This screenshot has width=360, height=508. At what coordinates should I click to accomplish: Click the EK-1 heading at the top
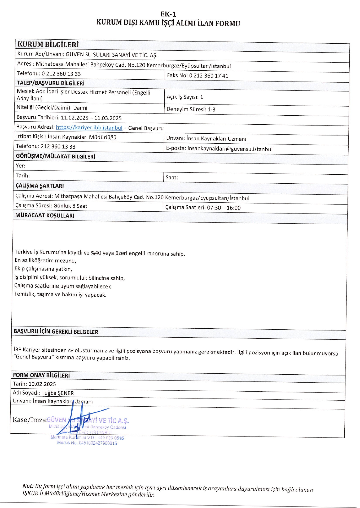[168, 14]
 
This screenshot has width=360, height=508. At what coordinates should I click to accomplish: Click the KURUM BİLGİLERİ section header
[48, 44]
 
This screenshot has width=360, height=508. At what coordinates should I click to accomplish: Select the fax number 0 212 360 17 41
[208, 76]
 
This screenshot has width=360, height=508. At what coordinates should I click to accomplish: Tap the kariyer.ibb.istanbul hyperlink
[89, 128]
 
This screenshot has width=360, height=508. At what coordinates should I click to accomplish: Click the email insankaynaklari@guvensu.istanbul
[230, 149]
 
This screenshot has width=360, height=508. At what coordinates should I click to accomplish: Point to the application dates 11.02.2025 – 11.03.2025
[91, 118]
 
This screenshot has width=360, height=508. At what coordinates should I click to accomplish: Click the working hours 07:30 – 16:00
[224, 208]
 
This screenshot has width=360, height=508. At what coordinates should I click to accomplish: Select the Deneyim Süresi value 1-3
[211, 110]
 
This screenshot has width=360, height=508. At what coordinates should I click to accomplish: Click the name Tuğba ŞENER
[58, 393]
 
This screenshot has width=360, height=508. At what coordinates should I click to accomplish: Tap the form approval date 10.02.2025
[42, 384]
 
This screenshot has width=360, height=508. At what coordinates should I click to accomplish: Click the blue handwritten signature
[80, 418]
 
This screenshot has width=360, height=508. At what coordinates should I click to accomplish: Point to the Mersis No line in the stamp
[87, 443]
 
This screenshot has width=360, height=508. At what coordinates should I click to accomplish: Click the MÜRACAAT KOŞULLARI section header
[45, 216]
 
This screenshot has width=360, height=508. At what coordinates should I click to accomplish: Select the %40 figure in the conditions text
[96, 253]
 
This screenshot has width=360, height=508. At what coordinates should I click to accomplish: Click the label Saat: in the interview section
[172, 178]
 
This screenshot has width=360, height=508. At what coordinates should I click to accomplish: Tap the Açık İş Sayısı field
[185, 97]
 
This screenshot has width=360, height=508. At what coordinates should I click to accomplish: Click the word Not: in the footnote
[28, 486]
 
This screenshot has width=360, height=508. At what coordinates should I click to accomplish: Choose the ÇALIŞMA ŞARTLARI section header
[39, 186]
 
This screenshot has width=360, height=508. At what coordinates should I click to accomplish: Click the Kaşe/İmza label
[29, 420]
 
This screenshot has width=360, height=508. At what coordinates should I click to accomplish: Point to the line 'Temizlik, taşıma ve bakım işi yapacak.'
[60, 294]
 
